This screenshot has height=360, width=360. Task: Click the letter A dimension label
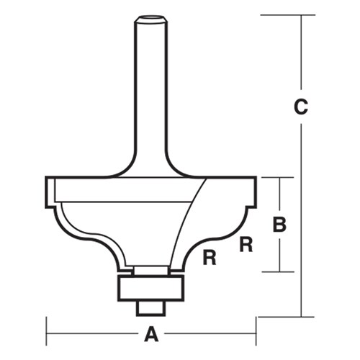point(151,334)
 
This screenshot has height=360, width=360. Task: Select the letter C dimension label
point(302,108)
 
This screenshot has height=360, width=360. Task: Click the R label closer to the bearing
point(210,256)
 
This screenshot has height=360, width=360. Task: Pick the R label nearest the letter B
point(246,244)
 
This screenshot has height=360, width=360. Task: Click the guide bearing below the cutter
point(151,287)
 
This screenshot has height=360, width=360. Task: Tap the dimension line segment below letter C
point(302,216)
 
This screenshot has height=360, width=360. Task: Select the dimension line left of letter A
point(94,334)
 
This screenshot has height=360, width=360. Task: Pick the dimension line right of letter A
point(209,334)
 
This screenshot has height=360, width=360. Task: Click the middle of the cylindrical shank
point(151,86)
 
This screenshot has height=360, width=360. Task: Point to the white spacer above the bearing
point(151,269)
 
